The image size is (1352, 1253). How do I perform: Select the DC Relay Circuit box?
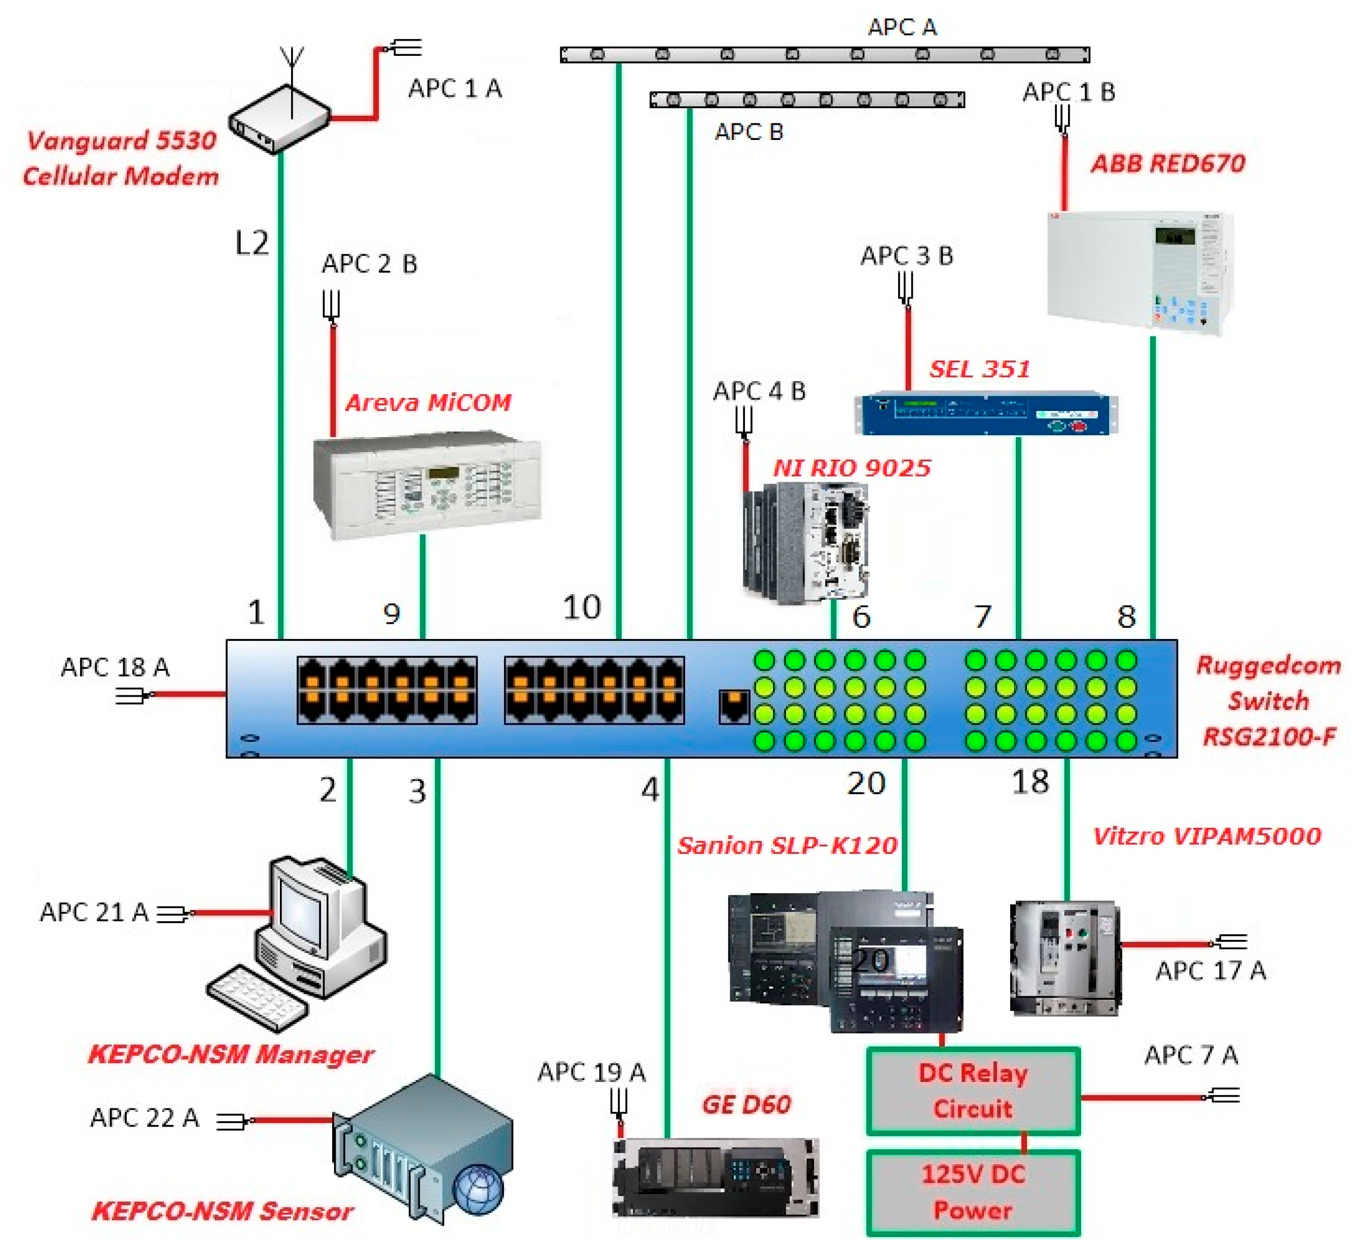click(973, 1091)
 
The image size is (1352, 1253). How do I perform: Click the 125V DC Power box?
click(973, 1193)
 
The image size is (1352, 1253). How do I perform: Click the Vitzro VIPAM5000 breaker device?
click(1063, 957)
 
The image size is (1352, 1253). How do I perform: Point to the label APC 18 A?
click(115, 667)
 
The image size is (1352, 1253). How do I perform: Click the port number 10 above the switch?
click(582, 607)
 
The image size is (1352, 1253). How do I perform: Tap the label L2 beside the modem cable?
click(252, 243)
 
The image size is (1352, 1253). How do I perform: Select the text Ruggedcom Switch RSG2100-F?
click(1268, 700)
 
